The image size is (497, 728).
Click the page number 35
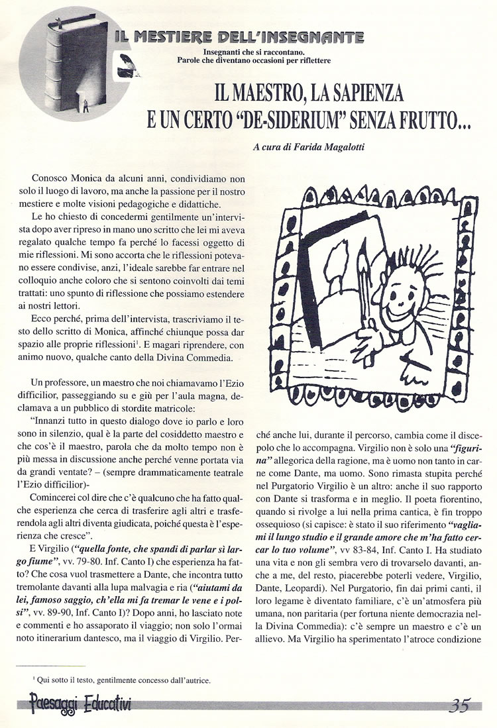[459, 705]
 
